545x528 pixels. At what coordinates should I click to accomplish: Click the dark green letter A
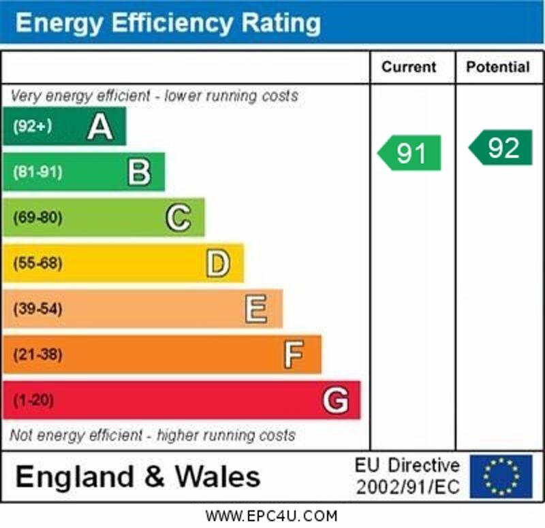coord(100,127)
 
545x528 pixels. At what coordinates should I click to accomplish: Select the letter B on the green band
coord(139,172)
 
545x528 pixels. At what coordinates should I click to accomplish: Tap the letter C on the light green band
coord(178,218)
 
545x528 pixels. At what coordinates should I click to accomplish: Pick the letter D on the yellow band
coord(217,263)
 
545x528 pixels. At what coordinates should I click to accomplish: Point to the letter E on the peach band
coord(256,309)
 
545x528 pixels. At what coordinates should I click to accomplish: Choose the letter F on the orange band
coord(294,354)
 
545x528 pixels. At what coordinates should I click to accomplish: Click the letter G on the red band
coord(335,400)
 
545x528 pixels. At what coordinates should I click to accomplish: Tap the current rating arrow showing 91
coord(410,153)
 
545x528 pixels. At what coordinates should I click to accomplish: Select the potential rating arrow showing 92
coord(501,148)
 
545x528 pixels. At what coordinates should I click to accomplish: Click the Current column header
coord(409,67)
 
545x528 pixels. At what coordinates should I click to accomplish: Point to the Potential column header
coord(498,67)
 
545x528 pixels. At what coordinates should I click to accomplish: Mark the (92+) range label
coord(32,127)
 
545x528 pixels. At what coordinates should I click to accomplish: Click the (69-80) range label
coord(37,218)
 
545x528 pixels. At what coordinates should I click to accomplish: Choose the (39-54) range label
coord(37,309)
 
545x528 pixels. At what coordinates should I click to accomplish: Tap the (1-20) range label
coord(32,400)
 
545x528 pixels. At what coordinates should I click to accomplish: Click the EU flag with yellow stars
coord(501,476)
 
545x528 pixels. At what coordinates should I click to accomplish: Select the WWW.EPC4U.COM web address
coord(271,516)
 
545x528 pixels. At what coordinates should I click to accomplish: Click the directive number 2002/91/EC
coord(407,486)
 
